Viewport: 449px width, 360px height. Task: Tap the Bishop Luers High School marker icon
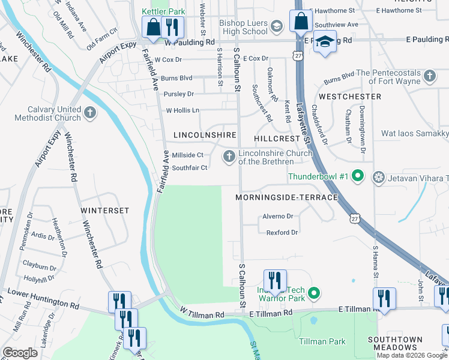click(276, 25)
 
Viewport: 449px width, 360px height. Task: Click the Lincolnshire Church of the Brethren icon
click(229, 157)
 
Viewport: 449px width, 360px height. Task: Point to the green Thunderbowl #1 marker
click(358, 176)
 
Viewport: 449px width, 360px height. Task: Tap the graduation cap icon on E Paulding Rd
click(325, 42)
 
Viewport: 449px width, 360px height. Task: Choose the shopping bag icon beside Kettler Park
click(152, 26)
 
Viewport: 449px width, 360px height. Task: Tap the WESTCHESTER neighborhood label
click(350, 96)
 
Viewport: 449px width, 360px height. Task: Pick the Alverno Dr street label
click(277, 216)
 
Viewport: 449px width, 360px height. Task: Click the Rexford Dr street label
click(282, 232)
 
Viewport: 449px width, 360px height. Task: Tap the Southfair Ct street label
click(190, 168)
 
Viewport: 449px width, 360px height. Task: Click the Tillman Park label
click(322, 341)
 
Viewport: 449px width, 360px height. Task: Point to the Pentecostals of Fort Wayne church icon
click(429, 76)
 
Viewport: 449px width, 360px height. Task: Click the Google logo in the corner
click(21, 352)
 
